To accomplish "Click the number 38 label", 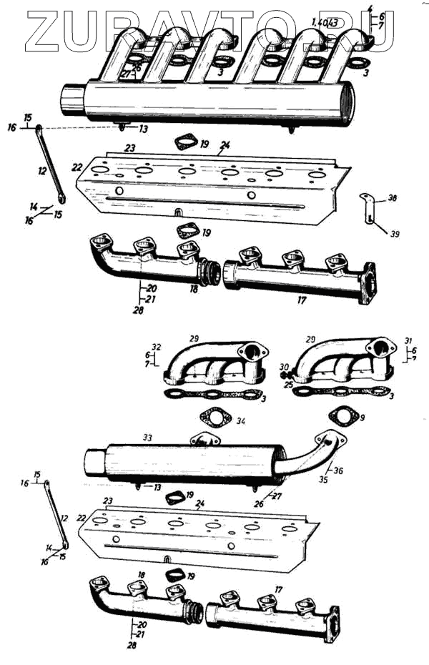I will point(392,197).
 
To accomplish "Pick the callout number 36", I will point(337,470).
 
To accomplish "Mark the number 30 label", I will point(284,367).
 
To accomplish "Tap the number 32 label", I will point(157,346).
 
